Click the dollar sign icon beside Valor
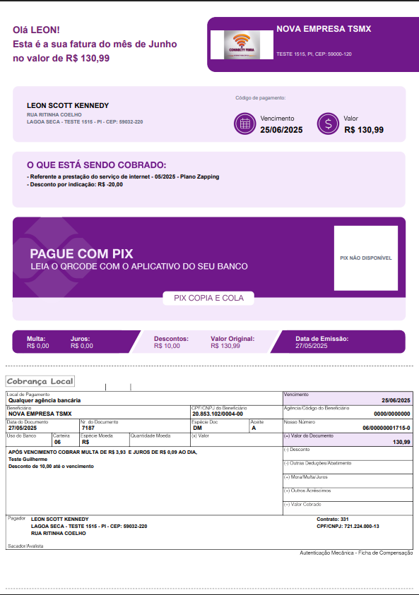(328, 124)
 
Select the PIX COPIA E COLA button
(208, 298)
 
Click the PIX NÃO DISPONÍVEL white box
(365, 258)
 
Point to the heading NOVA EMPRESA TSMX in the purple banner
(324, 29)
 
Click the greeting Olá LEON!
(36, 30)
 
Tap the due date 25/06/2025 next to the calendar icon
(281, 130)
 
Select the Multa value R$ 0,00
(38, 346)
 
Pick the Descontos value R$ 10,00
(167, 346)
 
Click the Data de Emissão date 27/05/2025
(312, 346)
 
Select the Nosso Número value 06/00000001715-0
(386, 428)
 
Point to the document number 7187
(88, 428)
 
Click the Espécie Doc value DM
(197, 428)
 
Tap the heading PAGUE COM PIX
(81, 254)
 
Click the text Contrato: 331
(334, 519)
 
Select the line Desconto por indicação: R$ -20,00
(75, 185)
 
